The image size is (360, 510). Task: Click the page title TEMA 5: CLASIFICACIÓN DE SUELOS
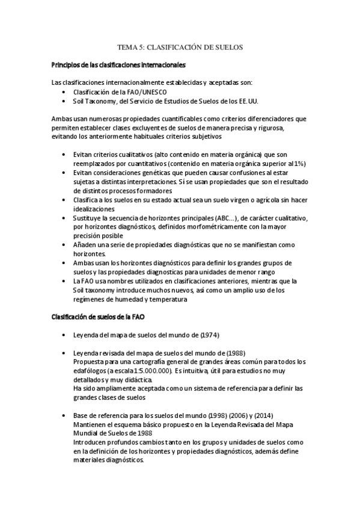(180, 46)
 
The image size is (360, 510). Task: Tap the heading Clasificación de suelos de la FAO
(97, 317)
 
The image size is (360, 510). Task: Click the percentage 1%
(300, 163)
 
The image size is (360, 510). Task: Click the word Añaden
(86, 245)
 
